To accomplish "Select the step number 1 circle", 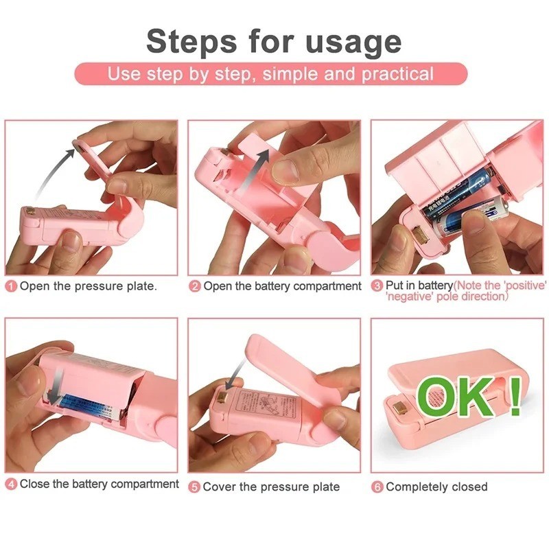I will pyautogui.click(x=11, y=286).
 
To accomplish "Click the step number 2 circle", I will pyautogui.click(x=195, y=286).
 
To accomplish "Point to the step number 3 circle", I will pyautogui.click(x=377, y=285).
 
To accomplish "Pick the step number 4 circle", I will pyautogui.click(x=11, y=484).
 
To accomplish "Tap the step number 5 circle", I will pyautogui.click(x=195, y=487).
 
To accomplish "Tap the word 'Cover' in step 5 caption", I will pyautogui.click(x=220, y=487).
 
